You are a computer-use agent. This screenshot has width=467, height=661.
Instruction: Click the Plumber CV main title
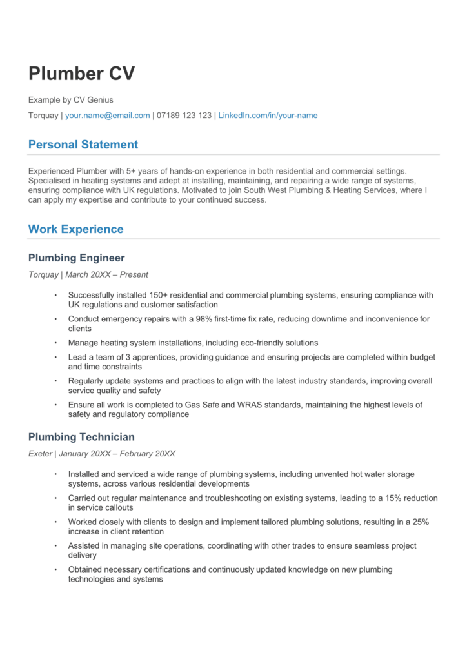tap(81, 74)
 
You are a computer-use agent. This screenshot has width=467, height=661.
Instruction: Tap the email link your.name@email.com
tap(107, 116)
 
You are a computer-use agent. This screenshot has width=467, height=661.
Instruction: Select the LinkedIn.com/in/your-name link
tap(268, 116)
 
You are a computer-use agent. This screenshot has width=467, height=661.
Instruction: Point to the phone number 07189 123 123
tap(184, 116)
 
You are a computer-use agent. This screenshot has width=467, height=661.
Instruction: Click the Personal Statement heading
tap(83, 145)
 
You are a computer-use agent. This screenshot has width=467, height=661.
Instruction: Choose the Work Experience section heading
tap(75, 229)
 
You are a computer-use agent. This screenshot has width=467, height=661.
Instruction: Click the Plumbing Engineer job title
tap(76, 258)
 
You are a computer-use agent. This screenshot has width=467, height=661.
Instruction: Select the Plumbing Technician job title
tap(81, 438)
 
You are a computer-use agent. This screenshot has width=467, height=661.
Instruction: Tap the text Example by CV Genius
tap(70, 100)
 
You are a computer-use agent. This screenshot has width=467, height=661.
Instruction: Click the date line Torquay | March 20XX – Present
tap(88, 274)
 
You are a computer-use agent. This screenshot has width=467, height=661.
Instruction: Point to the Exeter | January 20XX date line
tap(101, 454)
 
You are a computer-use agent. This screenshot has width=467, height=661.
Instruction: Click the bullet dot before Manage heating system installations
tap(55, 343)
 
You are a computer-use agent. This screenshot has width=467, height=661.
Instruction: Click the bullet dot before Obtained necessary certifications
tap(55, 569)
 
